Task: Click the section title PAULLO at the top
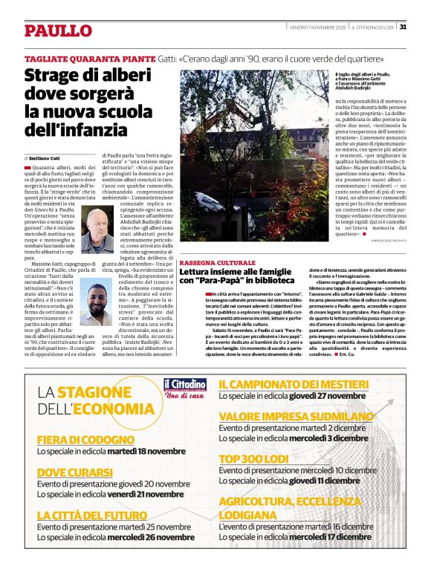pyautogui.click(x=58, y=30)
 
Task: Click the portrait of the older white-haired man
pyautogui.click(x=92, y=231)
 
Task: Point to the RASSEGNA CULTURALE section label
pyautogui.click(x=218, y=263)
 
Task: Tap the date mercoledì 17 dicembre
pyautogui.click(x=331, y=536)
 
